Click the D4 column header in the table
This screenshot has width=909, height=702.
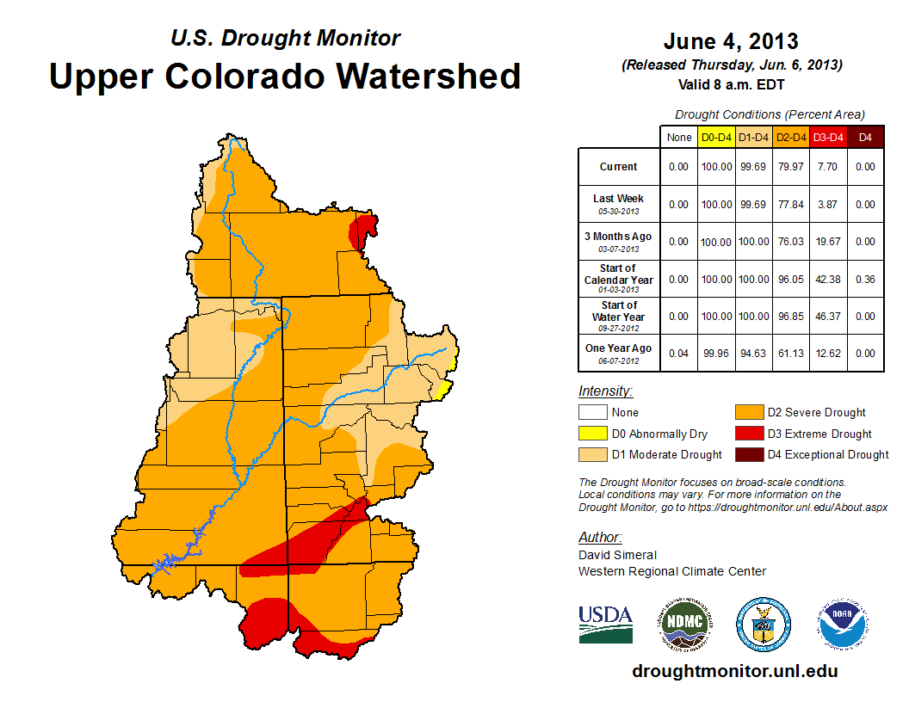(865, 137)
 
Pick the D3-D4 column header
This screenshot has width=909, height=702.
(828, 137)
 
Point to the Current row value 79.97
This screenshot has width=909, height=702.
(790, 167)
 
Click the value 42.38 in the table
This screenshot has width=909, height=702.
(828, 279)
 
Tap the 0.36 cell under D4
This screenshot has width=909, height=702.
(865, 279)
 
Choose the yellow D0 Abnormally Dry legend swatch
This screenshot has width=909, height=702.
(591, 434)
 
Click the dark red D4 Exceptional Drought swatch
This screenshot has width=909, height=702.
(746, 454)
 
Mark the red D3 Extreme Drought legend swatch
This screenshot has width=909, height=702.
(746, 434)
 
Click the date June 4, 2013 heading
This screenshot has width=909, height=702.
(731, 41)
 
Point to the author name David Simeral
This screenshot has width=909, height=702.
(617, 555)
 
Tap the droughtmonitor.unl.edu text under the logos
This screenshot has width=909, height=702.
(734, 671)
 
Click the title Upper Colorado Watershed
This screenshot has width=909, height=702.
(285, 76)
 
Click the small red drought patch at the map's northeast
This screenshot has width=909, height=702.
(363, 231)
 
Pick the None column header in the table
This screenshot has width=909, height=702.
(679, 137)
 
